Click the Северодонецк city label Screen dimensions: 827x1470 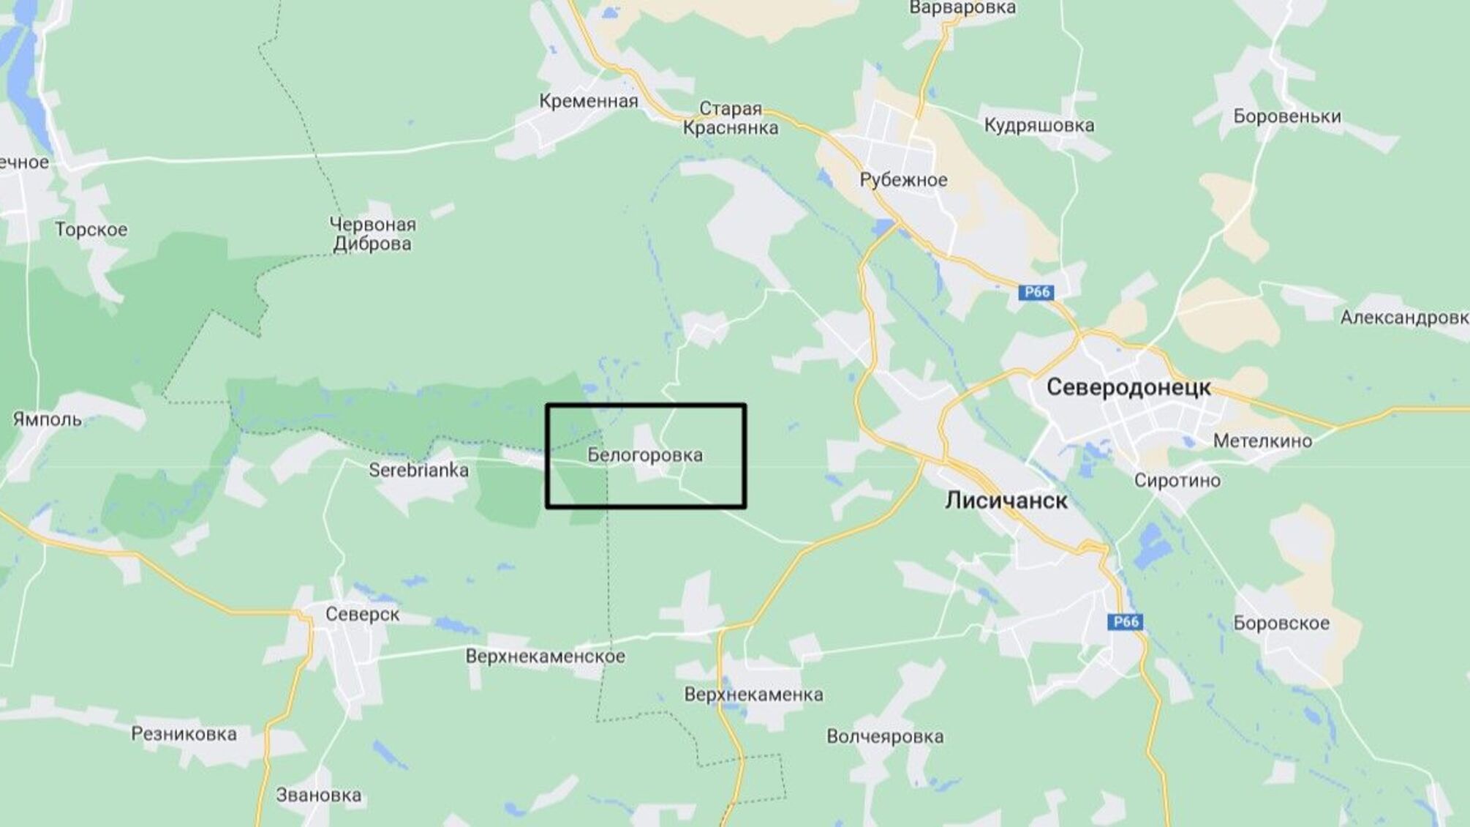(1128, 388)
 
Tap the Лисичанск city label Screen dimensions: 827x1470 (1006, 501)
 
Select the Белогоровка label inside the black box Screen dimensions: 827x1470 (645, 455)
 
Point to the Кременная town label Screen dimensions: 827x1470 (589, 101)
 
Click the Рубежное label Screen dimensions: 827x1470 (903, 180)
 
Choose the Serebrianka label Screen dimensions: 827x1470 (418, 470)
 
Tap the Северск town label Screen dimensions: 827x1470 (362, 614)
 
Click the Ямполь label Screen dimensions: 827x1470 (48, 419)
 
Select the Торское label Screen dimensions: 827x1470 (91, 230)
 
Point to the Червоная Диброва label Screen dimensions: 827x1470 (372, 234)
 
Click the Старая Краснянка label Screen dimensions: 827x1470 (731, 119)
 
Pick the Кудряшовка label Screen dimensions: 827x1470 (1039, 125)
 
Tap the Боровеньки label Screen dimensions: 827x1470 (1286, 116)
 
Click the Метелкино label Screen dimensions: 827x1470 (1262, 441)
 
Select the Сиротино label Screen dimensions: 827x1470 (1177, 481)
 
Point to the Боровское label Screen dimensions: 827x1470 (1281, 624)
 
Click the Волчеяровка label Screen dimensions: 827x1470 (885, 736)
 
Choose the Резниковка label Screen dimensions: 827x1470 (184, 734)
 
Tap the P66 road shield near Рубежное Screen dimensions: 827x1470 (1036, 293)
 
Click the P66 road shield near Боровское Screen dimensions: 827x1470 (1125, 622)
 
